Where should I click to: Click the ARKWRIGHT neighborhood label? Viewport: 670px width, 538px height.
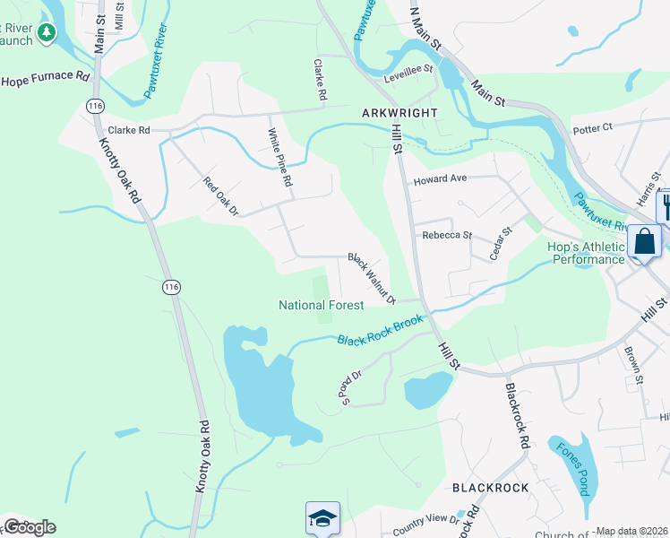click(399, 113)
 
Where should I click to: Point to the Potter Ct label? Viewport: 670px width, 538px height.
click(592, 128)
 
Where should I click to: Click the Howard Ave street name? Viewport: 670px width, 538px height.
click(440, 179)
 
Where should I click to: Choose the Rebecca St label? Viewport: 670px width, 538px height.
click(447, 235)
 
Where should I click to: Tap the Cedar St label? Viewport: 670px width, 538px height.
click(500, 243)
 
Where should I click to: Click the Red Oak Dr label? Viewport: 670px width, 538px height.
click(220, 196)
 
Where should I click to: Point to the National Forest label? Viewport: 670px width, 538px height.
click(321, 305)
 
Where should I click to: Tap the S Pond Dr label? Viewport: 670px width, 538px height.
click(350, 387)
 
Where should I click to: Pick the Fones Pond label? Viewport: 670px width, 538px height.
click(571, 469)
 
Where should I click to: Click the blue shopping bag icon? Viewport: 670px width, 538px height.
click(644, 241)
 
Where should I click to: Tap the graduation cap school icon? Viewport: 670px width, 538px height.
click(322, 518)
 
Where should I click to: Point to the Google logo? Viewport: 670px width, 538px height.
click(29, 527)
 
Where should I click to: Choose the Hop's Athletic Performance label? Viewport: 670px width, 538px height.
click(586, 253)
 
